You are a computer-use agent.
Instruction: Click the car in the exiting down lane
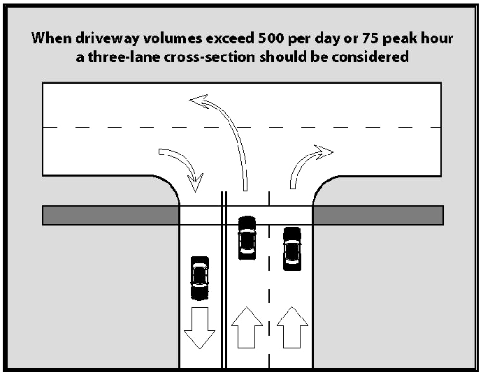[x=200, y=277]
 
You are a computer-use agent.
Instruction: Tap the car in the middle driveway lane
[x=247, y=237]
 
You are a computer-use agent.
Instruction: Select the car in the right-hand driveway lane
[x=291, y=249]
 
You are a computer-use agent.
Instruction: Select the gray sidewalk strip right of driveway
[x=377, y=215]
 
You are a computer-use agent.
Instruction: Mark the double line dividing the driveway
[x=223, y=293]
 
